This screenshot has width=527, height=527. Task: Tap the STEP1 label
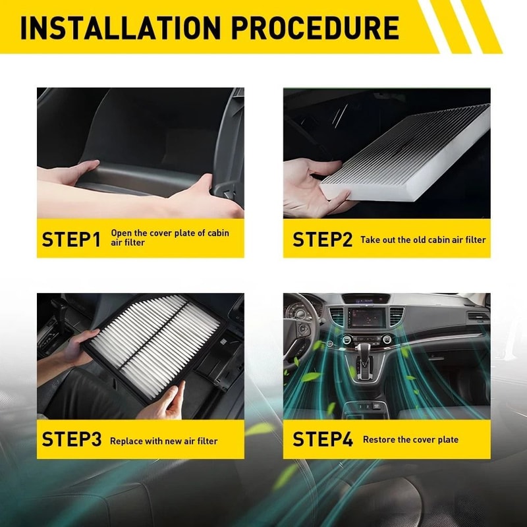tap(71, 239)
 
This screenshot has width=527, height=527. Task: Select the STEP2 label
tap(322, 239)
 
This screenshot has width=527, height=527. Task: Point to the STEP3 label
tap(71, 439)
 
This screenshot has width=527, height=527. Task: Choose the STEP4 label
tap(322, 439)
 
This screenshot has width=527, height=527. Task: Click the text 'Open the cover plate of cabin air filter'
tap(169, 238)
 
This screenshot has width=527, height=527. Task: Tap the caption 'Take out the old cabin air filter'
tap(423, 240)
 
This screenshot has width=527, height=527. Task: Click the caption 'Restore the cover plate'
tap(410, 439)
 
